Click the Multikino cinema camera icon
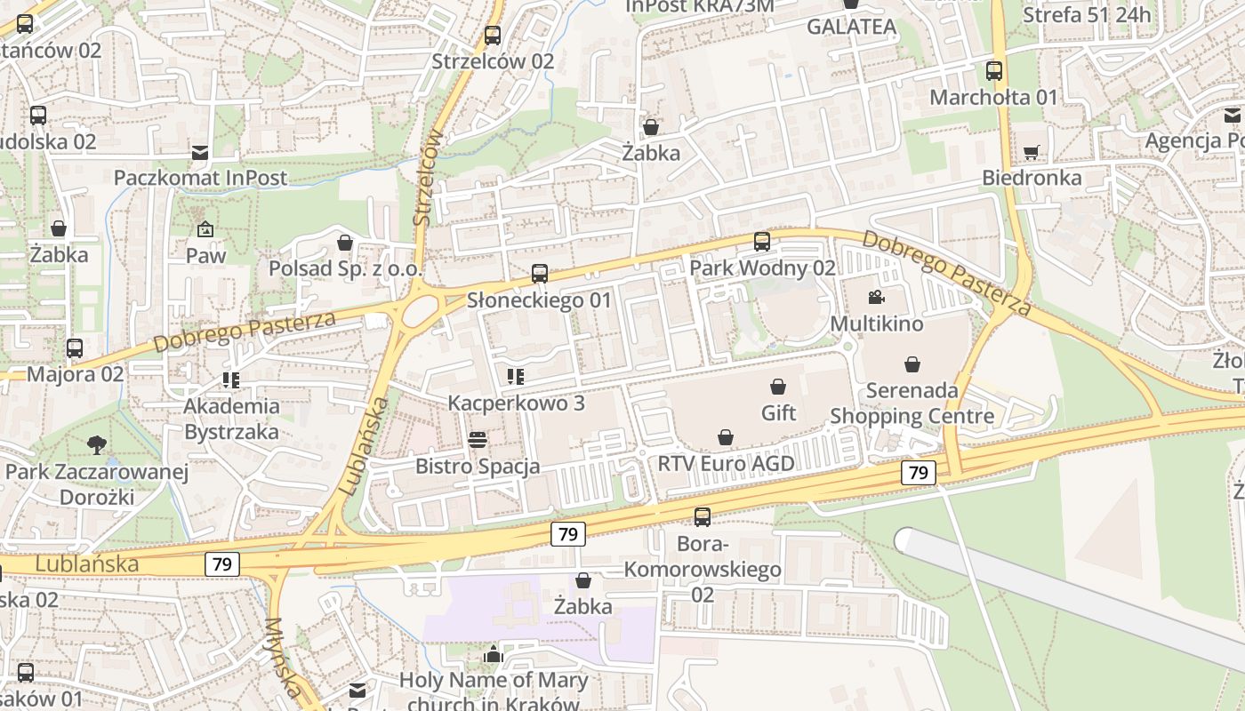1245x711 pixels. pos(876,297)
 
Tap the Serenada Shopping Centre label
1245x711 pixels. pos(912,403)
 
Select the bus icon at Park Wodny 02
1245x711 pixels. pos(762,241)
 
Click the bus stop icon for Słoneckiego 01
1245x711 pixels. pos(540,274)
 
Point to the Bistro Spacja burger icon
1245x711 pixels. pos(478,440)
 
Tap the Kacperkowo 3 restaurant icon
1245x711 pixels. pos(515,377)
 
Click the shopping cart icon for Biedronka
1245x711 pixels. pos(1032,152)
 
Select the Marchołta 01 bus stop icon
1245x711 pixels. pos(994,71)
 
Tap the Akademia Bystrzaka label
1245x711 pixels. pos(231,419)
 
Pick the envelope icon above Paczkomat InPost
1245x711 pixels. pos(200,152)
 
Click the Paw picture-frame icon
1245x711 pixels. pos(205,229)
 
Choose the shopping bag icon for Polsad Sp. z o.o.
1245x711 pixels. pos(345,242)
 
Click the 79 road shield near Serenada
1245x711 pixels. pos(919,473)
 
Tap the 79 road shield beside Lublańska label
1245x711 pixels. pos(222,563)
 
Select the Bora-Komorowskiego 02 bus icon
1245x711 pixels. pos(703,516)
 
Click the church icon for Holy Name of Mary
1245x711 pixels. pos(494,655)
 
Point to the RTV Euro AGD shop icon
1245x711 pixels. pos(726,437)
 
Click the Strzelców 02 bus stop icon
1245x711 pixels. pos(493,36)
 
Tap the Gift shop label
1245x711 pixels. pos(779,412)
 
